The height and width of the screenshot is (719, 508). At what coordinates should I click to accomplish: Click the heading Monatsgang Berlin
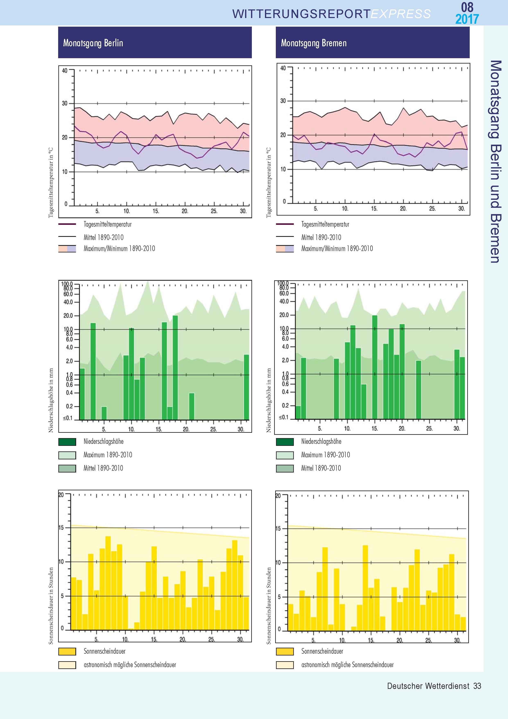(x=93, y=43)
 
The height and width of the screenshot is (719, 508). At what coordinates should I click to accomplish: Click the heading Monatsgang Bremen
(x=314, y=43)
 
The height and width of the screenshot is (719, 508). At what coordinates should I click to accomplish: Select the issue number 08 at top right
(x=467, y=7)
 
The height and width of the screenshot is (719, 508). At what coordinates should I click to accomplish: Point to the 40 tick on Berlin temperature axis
(x=64, y=71)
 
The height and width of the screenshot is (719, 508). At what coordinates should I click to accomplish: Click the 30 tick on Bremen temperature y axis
(x=283, y=101)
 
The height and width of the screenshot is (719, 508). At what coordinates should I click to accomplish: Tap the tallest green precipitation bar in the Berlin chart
(x=175, y=366)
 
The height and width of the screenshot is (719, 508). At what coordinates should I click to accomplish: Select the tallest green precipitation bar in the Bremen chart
(x=375, y=366)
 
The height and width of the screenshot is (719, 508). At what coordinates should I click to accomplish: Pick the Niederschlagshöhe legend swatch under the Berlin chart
(x=67, y=442)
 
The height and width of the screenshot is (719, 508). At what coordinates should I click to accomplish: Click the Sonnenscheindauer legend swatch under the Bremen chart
(x=285, y=651)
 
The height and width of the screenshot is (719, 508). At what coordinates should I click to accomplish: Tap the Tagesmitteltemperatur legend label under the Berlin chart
(x=107, y=224)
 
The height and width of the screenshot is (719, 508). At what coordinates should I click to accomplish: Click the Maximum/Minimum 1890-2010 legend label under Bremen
(x=337, y=249)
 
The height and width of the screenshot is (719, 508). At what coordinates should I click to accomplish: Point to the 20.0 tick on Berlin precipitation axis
(x=68, y=316)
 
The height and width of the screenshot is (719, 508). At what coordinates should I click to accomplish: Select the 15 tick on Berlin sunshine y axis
(x=61, y=528)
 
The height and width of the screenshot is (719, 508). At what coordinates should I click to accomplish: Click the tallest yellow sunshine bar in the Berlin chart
(x=108, y=583)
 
